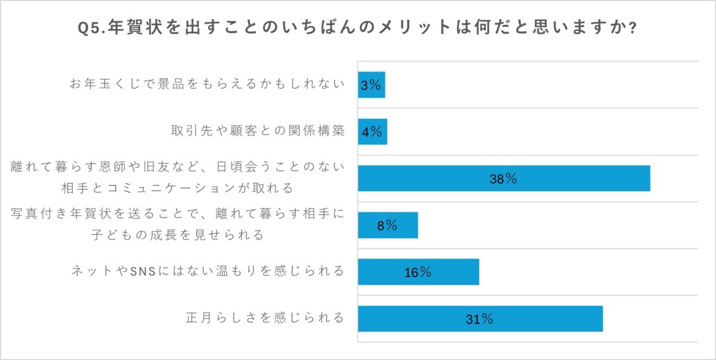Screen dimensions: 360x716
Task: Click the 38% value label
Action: pyautogui.click(x=503, y=179)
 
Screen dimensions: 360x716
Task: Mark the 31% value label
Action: pyautogui.click(x=479, y=319)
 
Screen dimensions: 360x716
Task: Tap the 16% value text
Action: pyautogui.click(x=418, y=272)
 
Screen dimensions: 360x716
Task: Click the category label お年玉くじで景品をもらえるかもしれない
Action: pyautogui.click(x=207, y=85)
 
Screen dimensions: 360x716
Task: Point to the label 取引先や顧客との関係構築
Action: pyautogui.click(x=258, y=131)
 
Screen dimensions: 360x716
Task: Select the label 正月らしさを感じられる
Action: pyautogui.click(x=265, y=318)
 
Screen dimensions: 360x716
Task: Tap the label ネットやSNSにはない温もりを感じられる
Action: pyautogui.click(x=207, y=272)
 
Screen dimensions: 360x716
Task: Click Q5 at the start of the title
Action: pyautogui.click(x=89, y=28)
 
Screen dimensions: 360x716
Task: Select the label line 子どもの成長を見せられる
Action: pyautogui.click(x=178, y=235)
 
